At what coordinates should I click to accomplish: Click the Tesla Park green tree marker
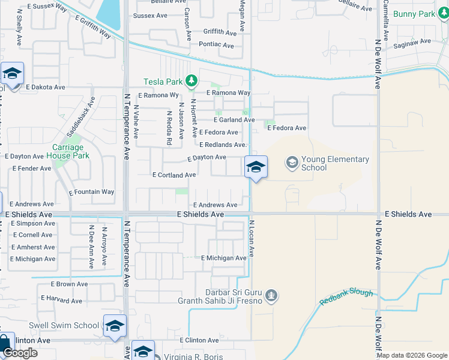[191, 80]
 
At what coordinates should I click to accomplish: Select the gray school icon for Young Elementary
[292, 162]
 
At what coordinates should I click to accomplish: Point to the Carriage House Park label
[67, 151]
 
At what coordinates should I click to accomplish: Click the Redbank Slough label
[346, 297]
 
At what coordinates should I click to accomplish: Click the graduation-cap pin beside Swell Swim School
[115, 326]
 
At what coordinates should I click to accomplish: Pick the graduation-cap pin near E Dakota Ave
[12, 74]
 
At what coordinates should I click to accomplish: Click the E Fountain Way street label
[91, 193]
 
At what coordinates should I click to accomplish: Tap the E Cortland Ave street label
[174, 175]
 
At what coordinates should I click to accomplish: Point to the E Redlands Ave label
[223, 145]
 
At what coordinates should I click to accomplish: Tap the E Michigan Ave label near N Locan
[224, 258]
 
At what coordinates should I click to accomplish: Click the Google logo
[19, 353]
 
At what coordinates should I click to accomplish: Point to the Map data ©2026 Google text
[412, 355]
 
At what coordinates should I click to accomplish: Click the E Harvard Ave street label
[61, 298]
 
